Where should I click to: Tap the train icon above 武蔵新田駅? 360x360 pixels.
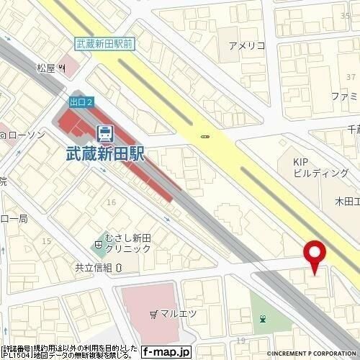coord(104,132)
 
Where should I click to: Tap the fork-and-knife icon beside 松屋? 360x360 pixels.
coord(63,69)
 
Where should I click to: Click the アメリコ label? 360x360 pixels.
coord(247,46)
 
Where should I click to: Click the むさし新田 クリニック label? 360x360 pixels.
coord(127,242)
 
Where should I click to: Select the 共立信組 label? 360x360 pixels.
coord(94,266)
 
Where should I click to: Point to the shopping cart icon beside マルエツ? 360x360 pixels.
coord(155,314)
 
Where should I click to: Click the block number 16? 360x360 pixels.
coord(111,202)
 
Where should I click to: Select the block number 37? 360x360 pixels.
coord(351,76)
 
